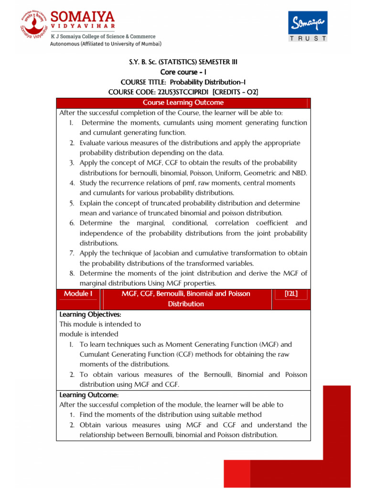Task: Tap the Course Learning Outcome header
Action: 183,103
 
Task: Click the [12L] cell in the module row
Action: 291,294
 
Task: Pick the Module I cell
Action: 78,294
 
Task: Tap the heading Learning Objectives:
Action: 90,314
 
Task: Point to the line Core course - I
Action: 183,72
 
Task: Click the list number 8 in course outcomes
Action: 71,273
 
